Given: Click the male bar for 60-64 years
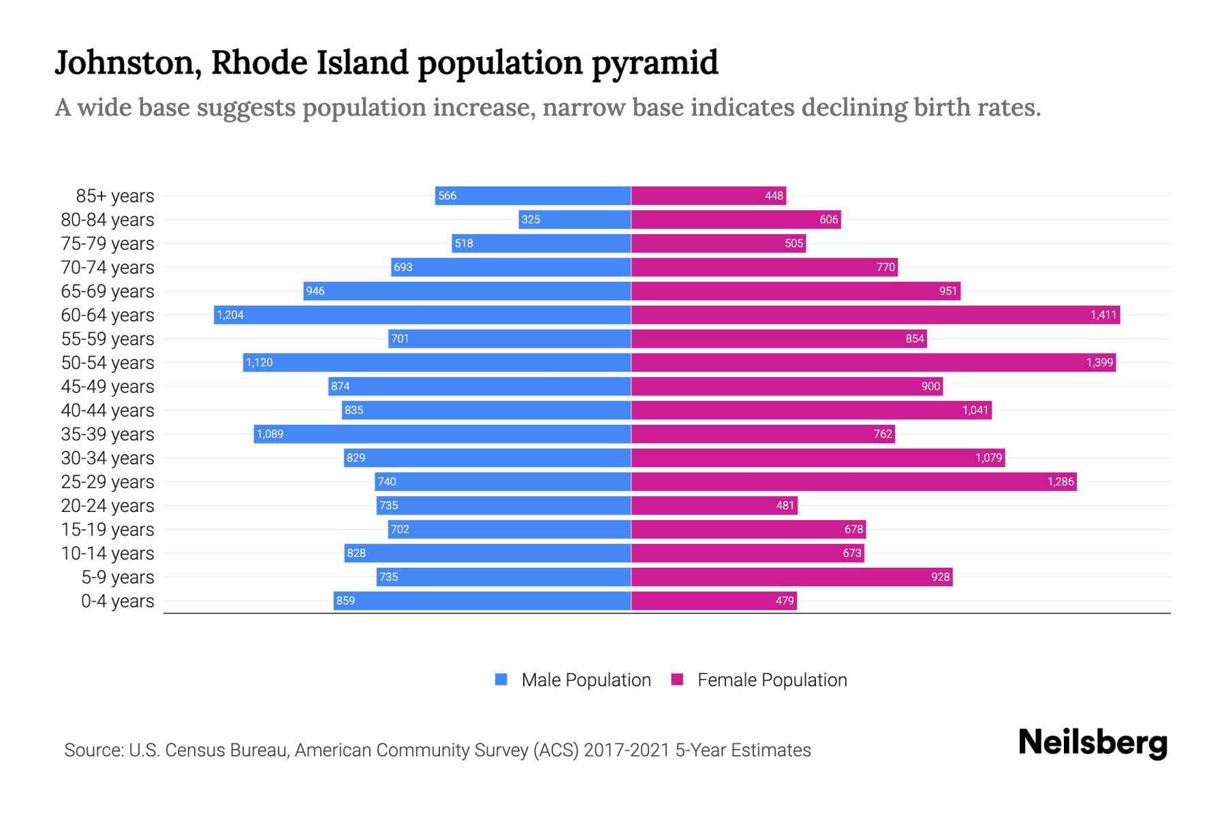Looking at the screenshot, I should click(422, 315).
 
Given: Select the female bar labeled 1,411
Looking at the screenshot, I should click(875, 315).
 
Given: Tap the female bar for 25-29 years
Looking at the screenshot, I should click(853, 481).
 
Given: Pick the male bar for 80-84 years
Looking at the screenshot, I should click(575, 219).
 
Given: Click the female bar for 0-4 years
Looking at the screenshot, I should click(714, 600).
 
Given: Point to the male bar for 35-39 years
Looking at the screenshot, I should click(443, 434).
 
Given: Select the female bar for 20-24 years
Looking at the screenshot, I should click(714, 505).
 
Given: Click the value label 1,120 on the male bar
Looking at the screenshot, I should click(260, 362).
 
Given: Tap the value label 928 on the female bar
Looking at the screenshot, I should click(940, 577).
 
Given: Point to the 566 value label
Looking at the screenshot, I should click(447, 195).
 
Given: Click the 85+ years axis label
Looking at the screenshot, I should click(115, 195).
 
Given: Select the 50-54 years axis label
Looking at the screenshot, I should click(108, 362).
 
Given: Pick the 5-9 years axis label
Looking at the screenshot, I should click(118, 577).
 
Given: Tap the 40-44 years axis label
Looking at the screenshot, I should click(108, 410).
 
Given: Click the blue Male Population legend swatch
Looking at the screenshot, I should click(501, 679).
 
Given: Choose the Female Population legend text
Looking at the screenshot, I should click(772, 679).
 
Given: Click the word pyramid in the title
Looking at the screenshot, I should click(655, 63).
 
